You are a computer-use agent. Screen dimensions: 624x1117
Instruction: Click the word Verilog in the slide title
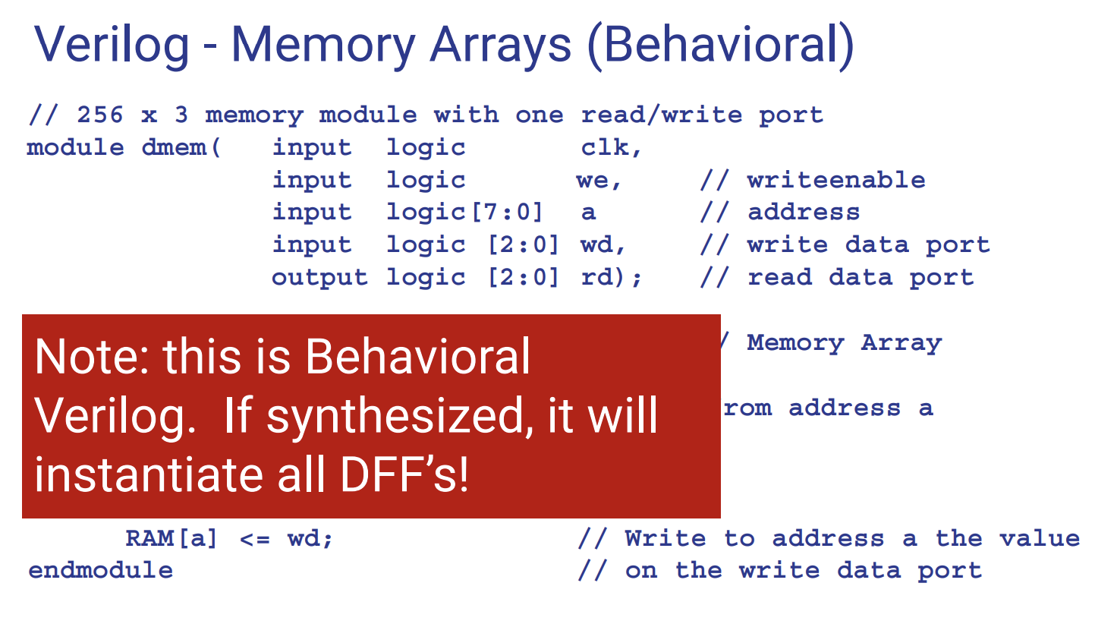(112, 45)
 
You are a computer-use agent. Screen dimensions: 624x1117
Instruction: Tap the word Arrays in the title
(500, 45)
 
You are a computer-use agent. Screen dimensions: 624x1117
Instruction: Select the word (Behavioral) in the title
(721, 45)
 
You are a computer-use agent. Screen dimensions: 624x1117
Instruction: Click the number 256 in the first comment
(99, 115)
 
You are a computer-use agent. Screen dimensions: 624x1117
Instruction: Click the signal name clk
(605, 147)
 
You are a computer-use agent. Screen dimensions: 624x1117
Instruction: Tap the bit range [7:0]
(507, 213)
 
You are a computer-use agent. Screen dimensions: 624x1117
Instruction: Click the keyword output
(319, 278)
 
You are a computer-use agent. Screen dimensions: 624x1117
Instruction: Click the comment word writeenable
(835, 180)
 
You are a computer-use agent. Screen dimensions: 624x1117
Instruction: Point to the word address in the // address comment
(803, 213)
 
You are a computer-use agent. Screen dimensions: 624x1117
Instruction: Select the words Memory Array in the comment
(844, 343)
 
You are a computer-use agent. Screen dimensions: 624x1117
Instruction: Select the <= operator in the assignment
(254, 539)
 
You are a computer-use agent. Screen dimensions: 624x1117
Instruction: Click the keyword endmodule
(100, 571)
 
